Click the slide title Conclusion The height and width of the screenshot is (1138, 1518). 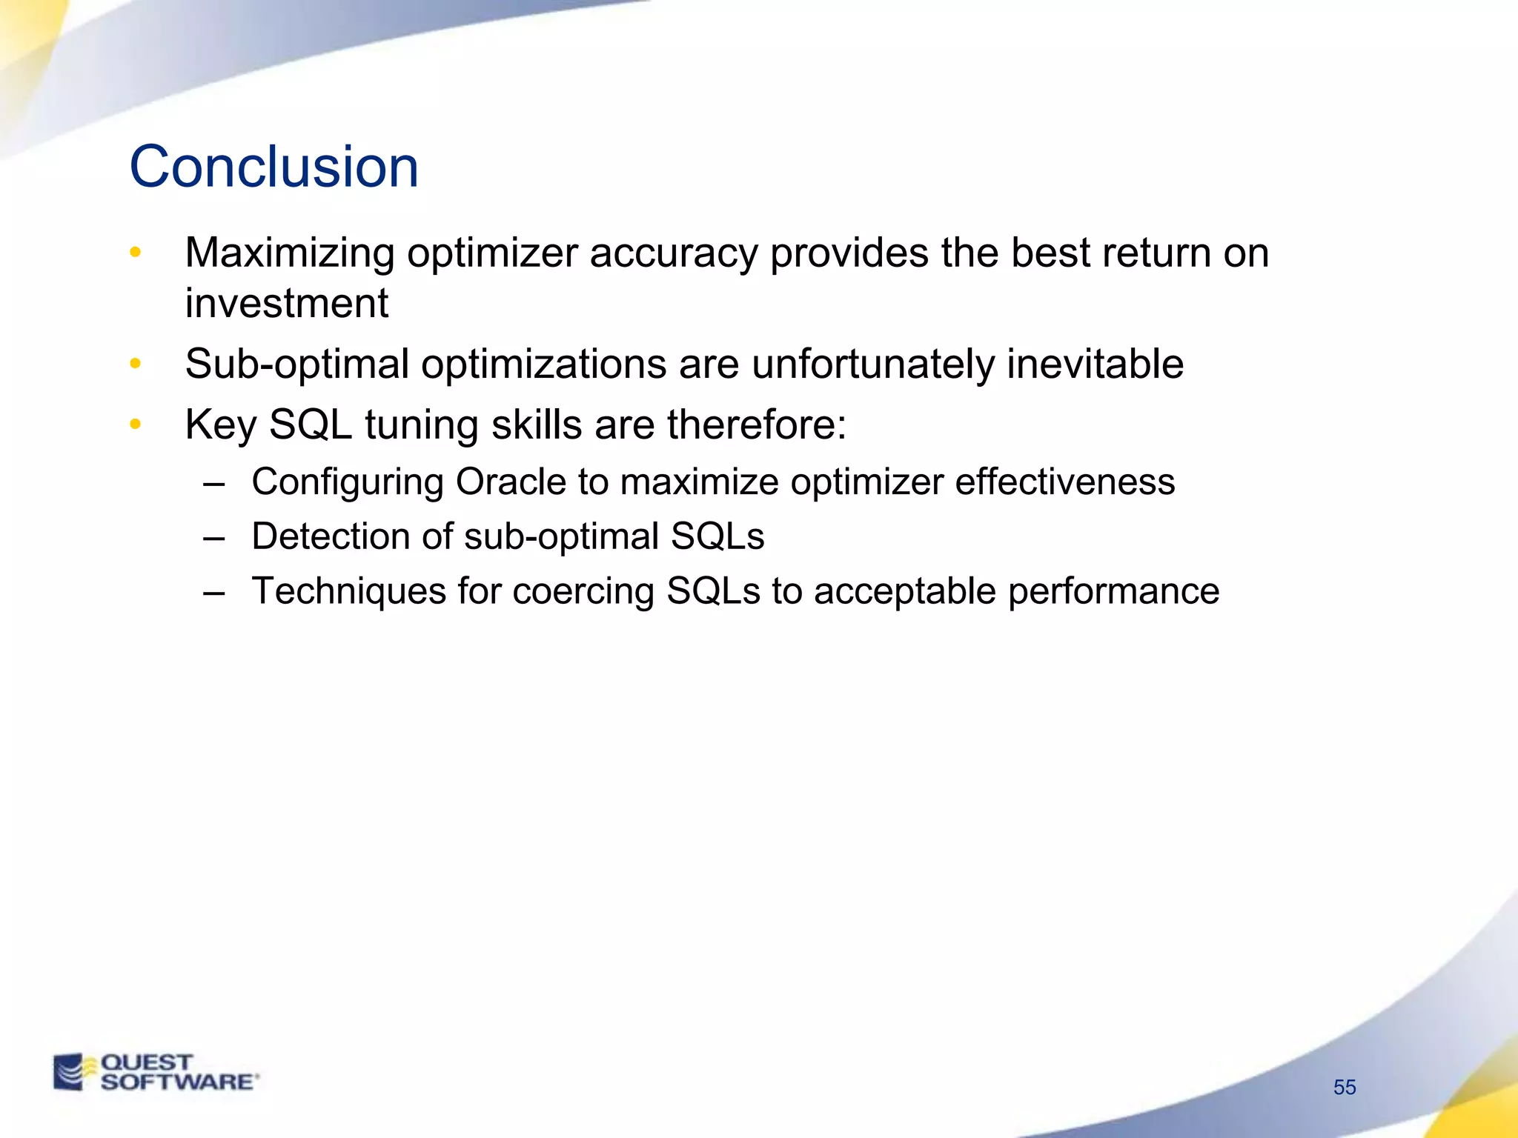coord(274,167)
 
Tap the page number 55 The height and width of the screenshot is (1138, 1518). coord(1345,1087)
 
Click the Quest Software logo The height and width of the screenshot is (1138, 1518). coord(156,1072)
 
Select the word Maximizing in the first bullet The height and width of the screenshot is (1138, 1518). coord(289,253)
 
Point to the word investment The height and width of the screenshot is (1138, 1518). coord(286,304)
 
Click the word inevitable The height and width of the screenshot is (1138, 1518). coord(1095,365)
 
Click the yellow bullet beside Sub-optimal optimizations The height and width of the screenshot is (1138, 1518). coord(135,364)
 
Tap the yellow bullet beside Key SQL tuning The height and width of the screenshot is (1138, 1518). coord(135,425)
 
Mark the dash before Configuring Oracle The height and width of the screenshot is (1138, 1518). coord(213,484)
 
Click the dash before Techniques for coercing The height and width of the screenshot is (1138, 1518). coord(213,593)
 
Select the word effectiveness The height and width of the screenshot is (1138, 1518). coord(1064,482)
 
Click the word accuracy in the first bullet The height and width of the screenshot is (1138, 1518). coord(674,253)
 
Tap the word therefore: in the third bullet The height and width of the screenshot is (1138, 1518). coord(757,425)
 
